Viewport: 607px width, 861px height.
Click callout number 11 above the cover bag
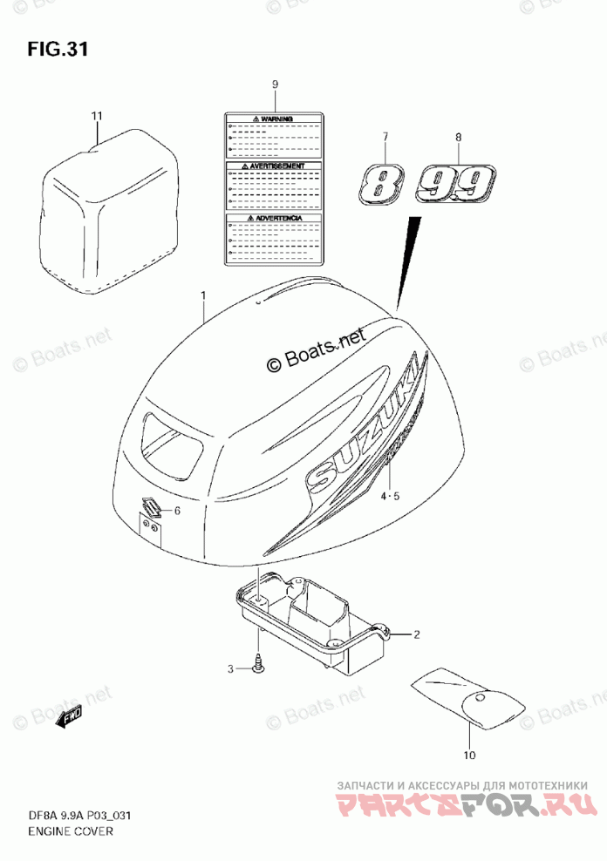click(x=96, y=116)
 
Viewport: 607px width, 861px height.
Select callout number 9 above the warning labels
click(x=274, y=85)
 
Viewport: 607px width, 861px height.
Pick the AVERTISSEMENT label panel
click(x=272, y=186)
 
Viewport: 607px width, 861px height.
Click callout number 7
click(x=383, y=138)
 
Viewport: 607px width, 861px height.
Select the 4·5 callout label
click(x=389, y=497)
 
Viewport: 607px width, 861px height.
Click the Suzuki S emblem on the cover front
click(x=153, y=508)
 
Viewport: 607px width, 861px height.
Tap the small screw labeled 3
click(x=259, y=667)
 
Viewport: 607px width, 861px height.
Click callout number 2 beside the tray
click(x=417, y=634)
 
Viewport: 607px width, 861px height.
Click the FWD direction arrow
click(x=69, y=717)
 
